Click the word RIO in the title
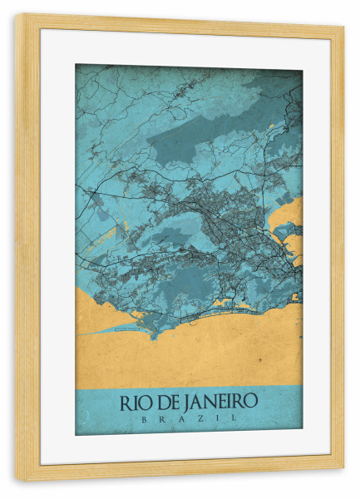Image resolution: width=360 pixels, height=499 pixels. click(135, 401)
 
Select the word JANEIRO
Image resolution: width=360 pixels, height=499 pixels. click(219, 401)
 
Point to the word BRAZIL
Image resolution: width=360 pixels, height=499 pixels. click(189, 418)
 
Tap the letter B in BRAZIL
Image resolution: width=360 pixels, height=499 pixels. click(145, 418)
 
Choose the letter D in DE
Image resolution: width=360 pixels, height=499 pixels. click(161, 401)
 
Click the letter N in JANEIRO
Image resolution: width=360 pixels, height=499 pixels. click(209, 401)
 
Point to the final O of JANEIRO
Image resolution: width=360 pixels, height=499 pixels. click(250, 401)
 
